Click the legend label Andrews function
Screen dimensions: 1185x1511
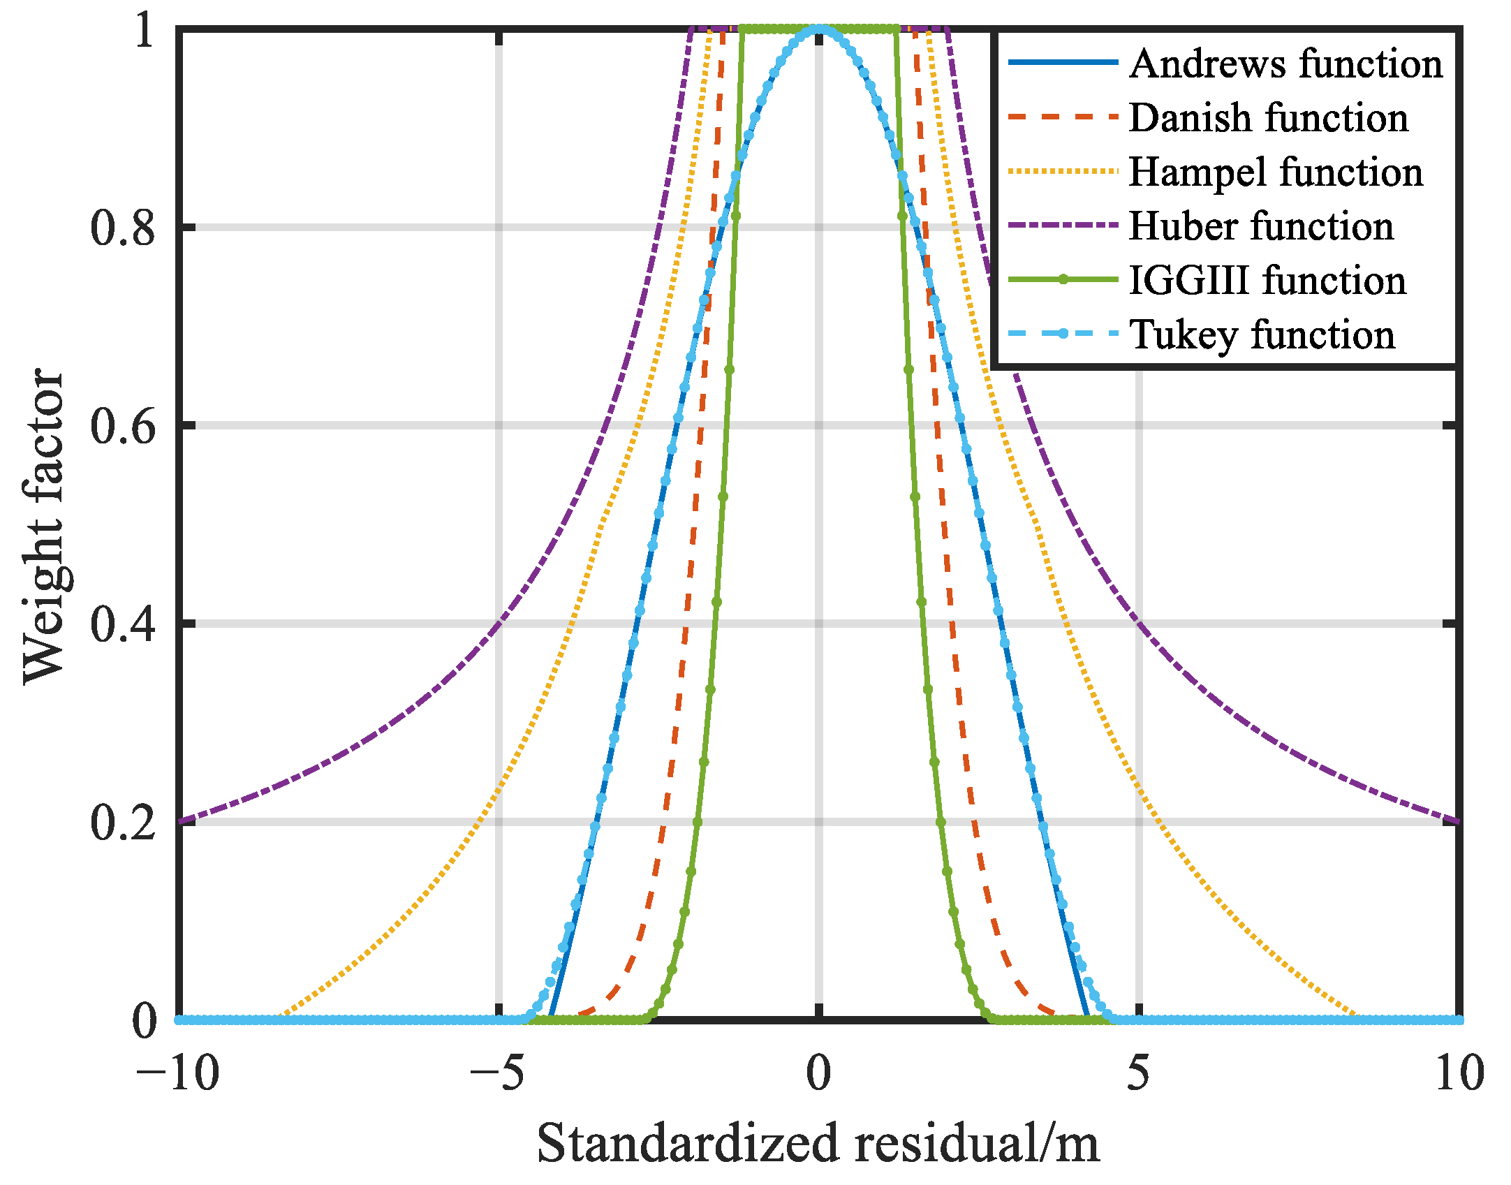[1285, 64]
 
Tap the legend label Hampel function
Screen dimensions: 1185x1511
[1275, 172]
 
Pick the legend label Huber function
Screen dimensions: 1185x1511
[1261, 226]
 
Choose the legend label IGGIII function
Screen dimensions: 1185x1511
[1267, 281]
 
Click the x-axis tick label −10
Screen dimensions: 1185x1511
[177, 1073]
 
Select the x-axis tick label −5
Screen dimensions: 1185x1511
[496, 1073]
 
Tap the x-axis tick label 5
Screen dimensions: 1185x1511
[1138, 1073]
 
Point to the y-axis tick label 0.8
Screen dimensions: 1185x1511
[123, 228]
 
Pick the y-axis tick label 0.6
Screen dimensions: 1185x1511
[123, 426]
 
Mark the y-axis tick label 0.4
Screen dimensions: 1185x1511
[123, 624]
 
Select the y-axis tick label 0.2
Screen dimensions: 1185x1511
[123, 823]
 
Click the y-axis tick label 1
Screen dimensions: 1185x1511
[144, 31]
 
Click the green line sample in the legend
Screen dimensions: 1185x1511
[1063, 280]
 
